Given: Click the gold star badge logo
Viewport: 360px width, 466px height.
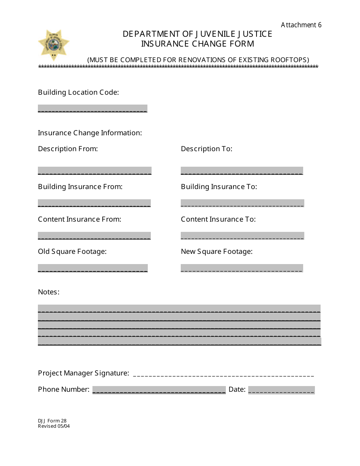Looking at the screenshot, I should click(x=53, y=45).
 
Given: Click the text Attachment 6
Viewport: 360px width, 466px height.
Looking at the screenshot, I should click(x=301, y=25).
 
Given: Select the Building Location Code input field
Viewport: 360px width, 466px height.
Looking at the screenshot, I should click(x=92, y=108).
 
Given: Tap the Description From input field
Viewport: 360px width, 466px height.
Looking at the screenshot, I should click(x=95, y=170).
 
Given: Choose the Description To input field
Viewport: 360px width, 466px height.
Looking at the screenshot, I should click(x=242, y=170).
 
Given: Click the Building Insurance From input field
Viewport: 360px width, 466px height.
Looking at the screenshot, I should click(x=94, y=203).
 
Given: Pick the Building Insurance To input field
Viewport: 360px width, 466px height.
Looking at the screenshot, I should click(x=242, y=203).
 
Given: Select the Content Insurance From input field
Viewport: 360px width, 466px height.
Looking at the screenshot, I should click(x=94, y=236).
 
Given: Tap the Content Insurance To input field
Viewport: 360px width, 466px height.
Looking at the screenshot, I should click(x=242, y=236).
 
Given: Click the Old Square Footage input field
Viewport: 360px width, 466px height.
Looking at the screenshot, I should click(x=93, y=268).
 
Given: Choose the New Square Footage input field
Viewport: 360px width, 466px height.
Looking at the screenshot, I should click(x=242, y=268).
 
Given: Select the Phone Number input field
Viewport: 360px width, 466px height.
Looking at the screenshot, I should click(x=159, y=390).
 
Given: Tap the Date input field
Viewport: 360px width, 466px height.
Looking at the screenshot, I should click(x=281, y=390).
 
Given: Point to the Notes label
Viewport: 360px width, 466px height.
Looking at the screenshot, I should click(x=49, y=292).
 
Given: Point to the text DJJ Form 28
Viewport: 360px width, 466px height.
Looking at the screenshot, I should click(x=52, y=421).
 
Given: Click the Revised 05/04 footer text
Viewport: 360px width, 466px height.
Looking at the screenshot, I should click(x=54, y=426).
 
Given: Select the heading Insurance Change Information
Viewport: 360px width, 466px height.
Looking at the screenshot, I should click(x=90, y=133).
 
